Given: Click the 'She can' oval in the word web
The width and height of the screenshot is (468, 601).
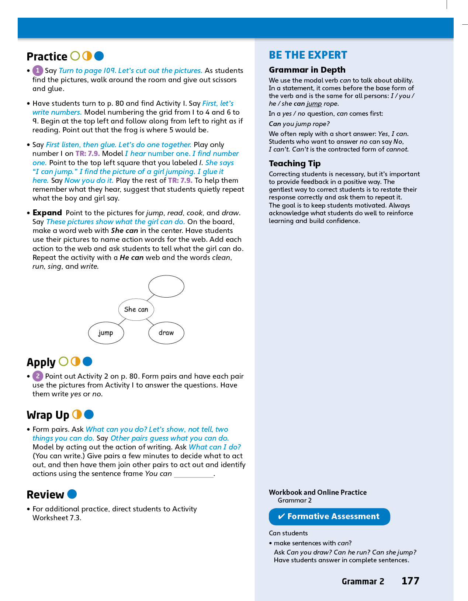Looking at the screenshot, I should coord(136,309).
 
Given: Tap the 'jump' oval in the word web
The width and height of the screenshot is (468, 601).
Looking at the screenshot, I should coord(106,333).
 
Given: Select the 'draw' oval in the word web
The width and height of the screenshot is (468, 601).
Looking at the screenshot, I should coord(166,333).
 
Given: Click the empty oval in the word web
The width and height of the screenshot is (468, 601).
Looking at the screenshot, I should coord(166,286).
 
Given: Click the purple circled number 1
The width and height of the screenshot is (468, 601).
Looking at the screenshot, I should coord(38,70).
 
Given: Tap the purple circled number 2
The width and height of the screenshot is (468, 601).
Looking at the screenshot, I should coord(38,376).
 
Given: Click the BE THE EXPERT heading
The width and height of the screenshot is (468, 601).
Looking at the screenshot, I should coord(308,55).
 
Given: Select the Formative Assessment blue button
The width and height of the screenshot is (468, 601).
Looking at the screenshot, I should coord(329,516).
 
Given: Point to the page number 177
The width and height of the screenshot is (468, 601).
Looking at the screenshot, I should coord(410,581).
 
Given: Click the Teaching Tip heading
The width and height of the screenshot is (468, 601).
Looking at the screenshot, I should coord(295,163).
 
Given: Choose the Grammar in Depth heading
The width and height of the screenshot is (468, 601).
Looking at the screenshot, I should coord(307,70).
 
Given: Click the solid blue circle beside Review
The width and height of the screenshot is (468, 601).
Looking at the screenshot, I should coord(72,494).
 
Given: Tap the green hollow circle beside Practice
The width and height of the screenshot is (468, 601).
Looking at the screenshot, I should coord(75,56).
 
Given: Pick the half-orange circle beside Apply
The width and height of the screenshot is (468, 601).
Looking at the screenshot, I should coord(75,361).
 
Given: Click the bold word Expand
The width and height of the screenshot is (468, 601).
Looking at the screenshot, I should coord(47,213).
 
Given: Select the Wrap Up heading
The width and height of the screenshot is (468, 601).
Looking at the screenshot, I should coord(48,415).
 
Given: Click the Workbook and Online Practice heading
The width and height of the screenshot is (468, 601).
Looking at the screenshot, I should coord(318,492).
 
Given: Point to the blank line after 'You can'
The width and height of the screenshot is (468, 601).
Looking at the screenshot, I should coord(194,475).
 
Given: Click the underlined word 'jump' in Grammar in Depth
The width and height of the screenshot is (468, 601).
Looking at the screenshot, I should coord(314,104).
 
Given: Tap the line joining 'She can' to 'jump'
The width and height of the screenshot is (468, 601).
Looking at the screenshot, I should coord(122,322).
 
